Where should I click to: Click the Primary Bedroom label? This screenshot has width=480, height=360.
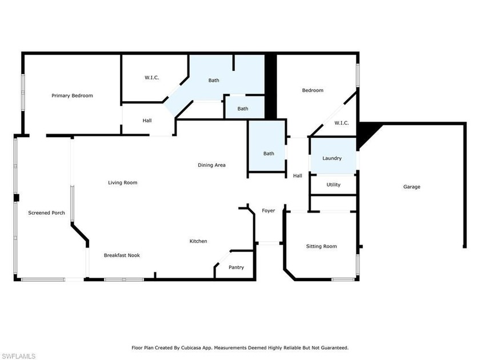click(72, 95)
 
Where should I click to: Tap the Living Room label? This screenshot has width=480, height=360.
click(122, 183)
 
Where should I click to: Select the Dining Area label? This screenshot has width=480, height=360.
click(211, 165)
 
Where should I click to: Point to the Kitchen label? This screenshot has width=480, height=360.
click(198, 241)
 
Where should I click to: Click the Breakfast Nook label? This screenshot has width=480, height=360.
click(122, 255)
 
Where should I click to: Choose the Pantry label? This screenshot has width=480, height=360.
click(236, 267)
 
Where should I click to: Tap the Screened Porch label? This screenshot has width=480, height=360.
click(46, 213)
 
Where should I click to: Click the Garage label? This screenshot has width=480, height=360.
click(411, 187)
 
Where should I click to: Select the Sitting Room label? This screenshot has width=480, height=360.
click(321, 246)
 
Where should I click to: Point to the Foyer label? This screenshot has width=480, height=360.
click(268, 211)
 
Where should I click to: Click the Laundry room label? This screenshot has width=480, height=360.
click(332, 158)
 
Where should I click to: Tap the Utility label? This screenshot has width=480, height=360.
click(333, 185)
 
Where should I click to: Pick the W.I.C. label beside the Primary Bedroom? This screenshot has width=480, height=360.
click(152, 78)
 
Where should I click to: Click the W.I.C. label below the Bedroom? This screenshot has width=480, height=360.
click(341, 123)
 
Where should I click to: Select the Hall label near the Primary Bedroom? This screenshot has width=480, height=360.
click(147, 121)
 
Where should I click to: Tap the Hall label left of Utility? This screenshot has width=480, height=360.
click(298, 176)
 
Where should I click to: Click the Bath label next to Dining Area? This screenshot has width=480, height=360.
click(269, 154)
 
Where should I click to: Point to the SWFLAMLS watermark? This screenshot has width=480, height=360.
click(18, 356)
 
